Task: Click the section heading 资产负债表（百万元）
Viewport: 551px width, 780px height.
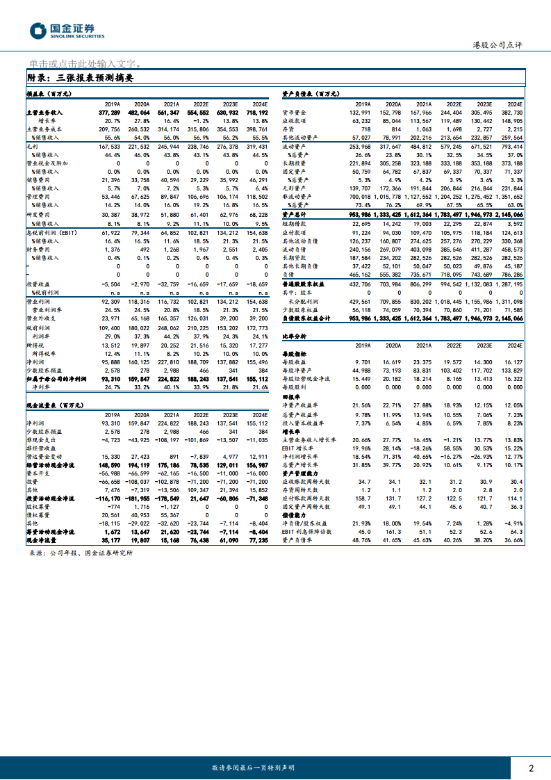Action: point(311,92)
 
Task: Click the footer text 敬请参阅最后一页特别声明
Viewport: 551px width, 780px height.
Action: point(253,767)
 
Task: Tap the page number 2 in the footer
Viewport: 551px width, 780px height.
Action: point(532,768)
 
